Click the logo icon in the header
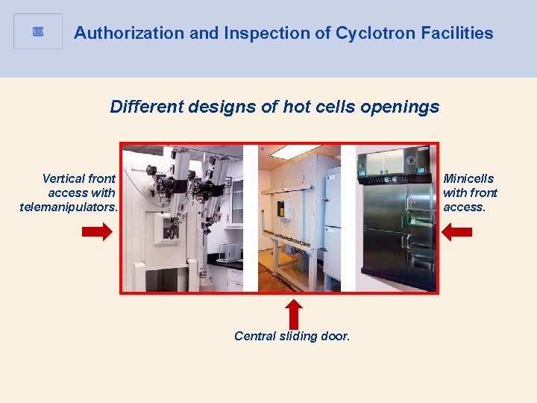(38, 31)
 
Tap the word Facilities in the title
(459, 33)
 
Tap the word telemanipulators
(69, 207)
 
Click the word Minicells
(468, 178)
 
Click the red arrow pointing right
(97, 232)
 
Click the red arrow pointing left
(457, 232)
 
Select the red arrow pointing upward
(295, 313)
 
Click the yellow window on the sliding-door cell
(283, 207)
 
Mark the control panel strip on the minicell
(395, 179)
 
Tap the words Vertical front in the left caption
(79, 178)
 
